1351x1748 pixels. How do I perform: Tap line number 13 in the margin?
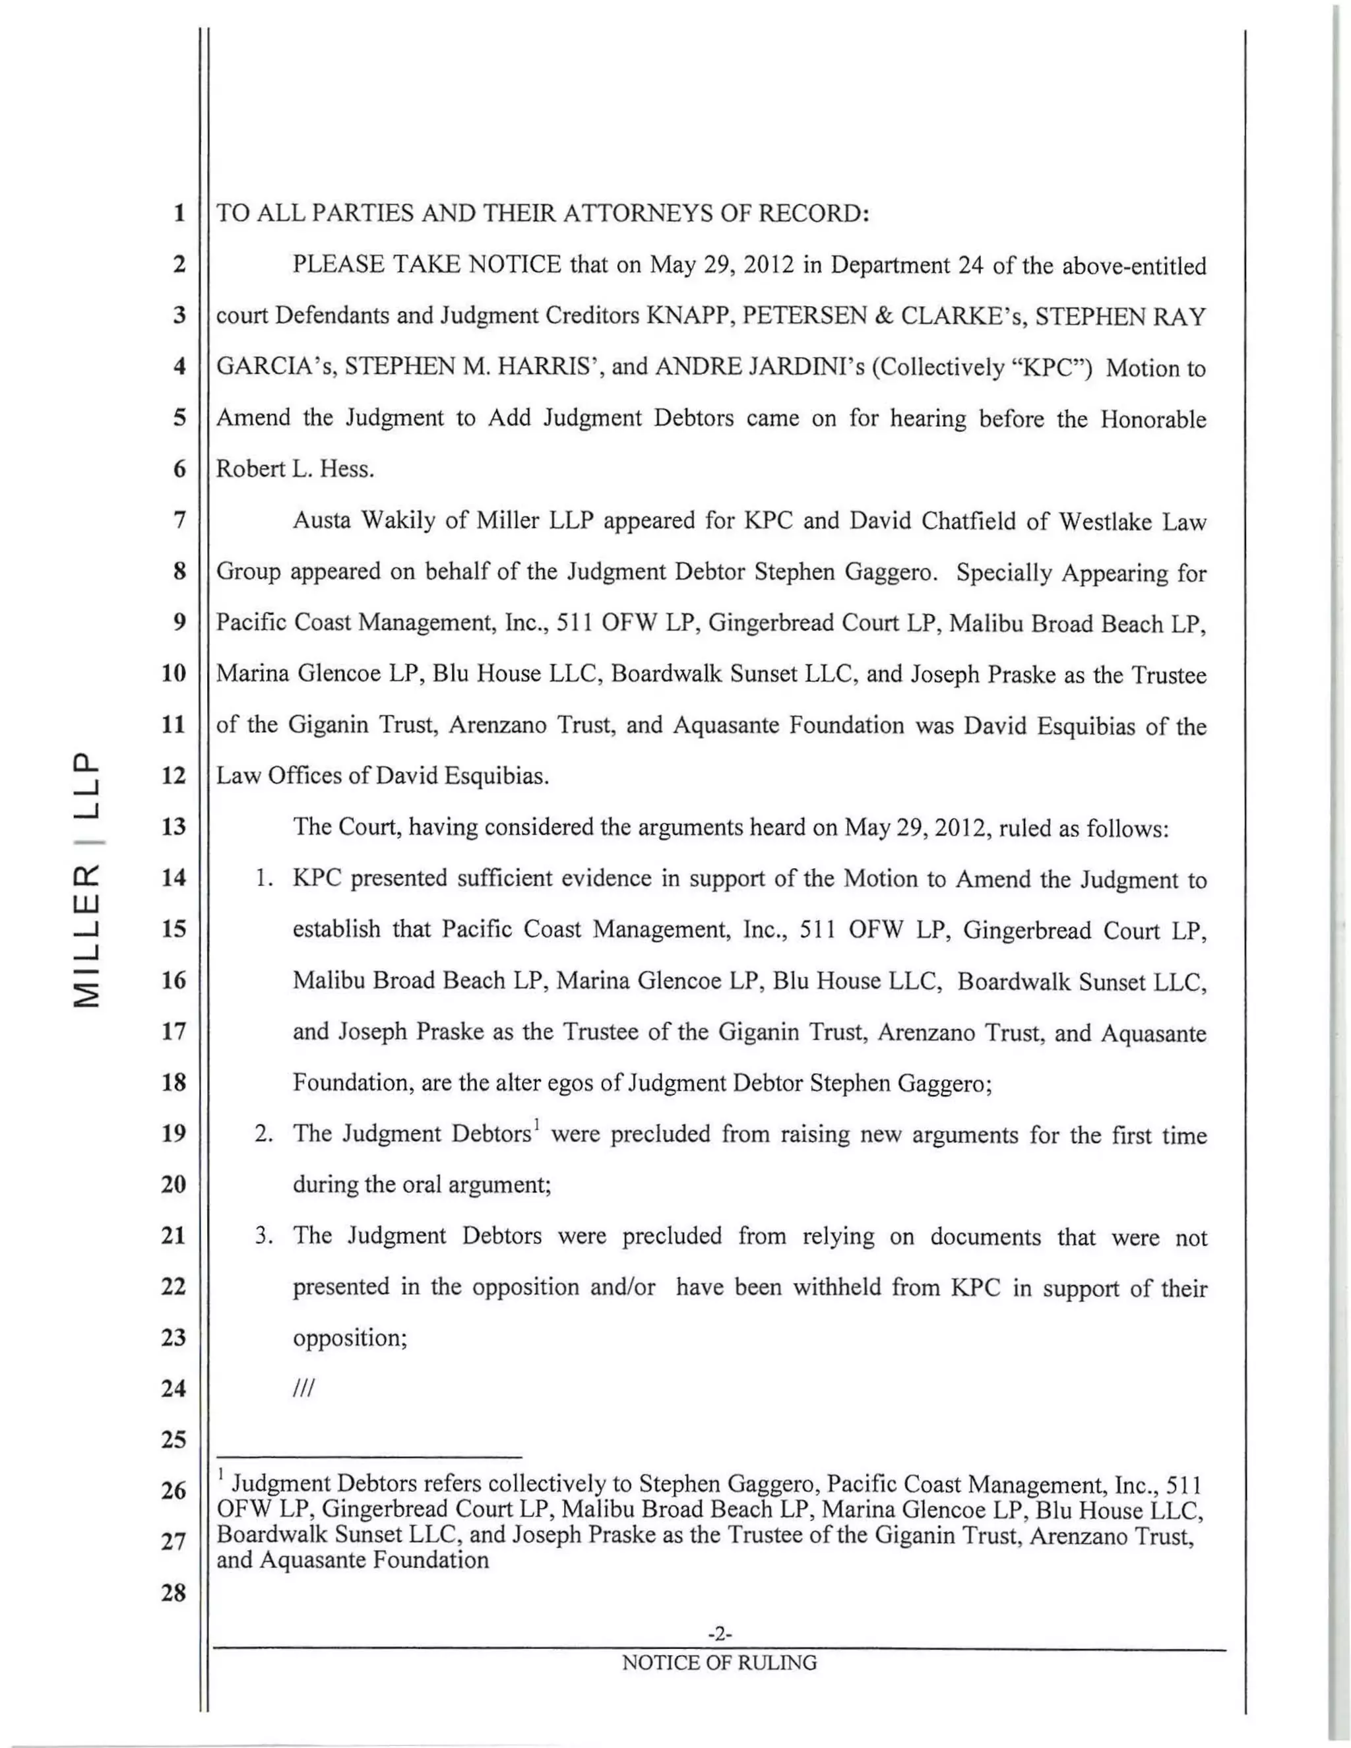173,826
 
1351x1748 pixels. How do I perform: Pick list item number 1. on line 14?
265,879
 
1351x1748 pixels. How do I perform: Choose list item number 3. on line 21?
265,1235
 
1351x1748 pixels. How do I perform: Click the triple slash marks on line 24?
305,1389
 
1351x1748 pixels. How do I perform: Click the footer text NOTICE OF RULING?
720,1663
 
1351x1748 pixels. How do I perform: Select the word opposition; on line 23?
350,1338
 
